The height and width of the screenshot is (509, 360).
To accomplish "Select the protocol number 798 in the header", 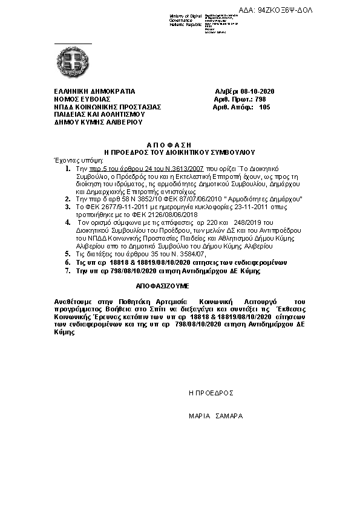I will click(x=260, y=99).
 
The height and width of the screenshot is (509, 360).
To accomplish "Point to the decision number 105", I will click(x=264, y=107).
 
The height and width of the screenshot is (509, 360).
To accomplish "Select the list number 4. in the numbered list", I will click(x=68, y=222).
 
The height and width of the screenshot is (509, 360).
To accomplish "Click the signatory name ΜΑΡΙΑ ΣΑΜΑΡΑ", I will click(x=215, y=417).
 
